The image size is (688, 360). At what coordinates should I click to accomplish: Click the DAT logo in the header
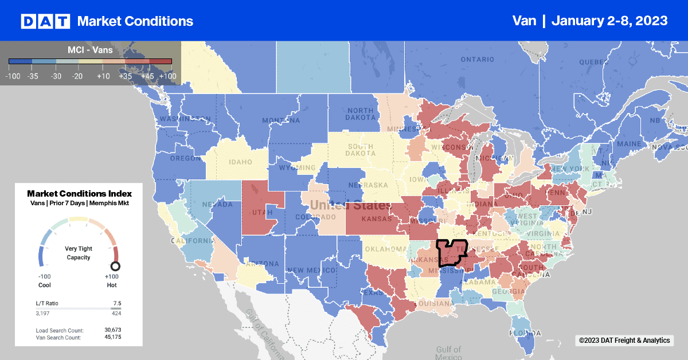click(45, 21)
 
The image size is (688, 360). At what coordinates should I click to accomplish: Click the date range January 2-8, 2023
click(609, 21)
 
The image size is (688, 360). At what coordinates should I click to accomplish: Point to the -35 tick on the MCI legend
click(32, 76)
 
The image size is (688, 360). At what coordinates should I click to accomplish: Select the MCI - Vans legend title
click(90, 50)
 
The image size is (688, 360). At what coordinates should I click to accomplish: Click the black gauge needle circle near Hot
click(115, 266)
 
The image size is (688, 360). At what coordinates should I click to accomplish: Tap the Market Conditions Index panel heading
click(79, 193)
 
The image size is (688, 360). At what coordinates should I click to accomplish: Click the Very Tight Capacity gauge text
click(79, 253)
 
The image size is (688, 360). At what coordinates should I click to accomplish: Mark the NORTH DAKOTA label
click(360, 114)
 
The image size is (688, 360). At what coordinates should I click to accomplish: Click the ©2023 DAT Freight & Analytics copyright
click(624, 341)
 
